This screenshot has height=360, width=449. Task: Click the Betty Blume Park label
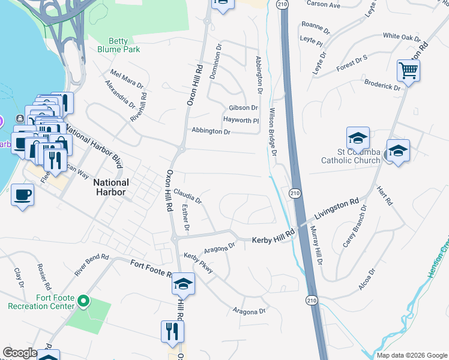click(118, 45)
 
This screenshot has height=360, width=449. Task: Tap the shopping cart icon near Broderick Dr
click(408, 71)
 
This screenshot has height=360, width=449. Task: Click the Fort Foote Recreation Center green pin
click(84, 300)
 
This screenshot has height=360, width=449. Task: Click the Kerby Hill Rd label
click(273, 236)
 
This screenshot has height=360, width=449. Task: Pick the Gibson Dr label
click(243, 108)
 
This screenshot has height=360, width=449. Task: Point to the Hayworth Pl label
click(241, 120)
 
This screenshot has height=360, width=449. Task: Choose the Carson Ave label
click(323, 4)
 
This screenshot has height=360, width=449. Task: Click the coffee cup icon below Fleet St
click(22, 195)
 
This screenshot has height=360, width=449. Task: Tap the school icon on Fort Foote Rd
click(184, 284)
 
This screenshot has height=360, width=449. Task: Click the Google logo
click(20, 353)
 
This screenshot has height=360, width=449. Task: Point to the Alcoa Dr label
click(367, 280)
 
